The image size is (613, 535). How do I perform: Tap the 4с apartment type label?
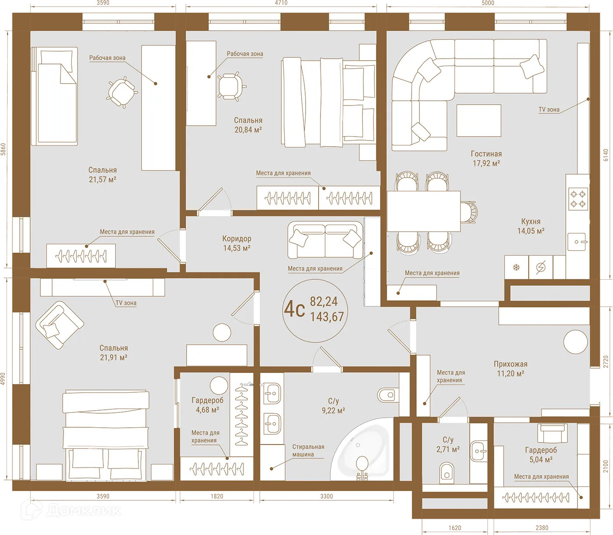pyautogui.click(x=294, y=309)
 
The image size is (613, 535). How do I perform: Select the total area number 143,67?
pyautogui.click(x=327, y=317)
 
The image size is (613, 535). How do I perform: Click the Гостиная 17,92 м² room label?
pyautogui.click(x=486, y=158)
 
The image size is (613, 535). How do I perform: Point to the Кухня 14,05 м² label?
pyautogui.click(x=531, y=226)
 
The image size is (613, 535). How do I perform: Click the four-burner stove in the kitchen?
pyautogui.click(x=578, y=198)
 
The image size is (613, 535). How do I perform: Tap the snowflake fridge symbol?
pyautogui.click(x=516, y=267)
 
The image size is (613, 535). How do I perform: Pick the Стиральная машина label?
pyautogui.click(x=308, y=451)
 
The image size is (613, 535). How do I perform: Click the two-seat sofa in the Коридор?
pyautogui.click(x=324, y=240)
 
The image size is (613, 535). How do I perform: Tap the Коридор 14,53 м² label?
pyautogui.click(x=236, y=243)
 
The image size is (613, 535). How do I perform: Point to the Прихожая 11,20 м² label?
pyautogui.click(x=510, y=369)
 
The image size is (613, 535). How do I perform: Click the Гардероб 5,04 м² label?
pyautogui.click(x=541, y=454)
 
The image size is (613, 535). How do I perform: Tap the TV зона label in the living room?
pyautogui.click(x=549, y=109)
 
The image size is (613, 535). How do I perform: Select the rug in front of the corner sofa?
pyautogui.click(x=479, y=120)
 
